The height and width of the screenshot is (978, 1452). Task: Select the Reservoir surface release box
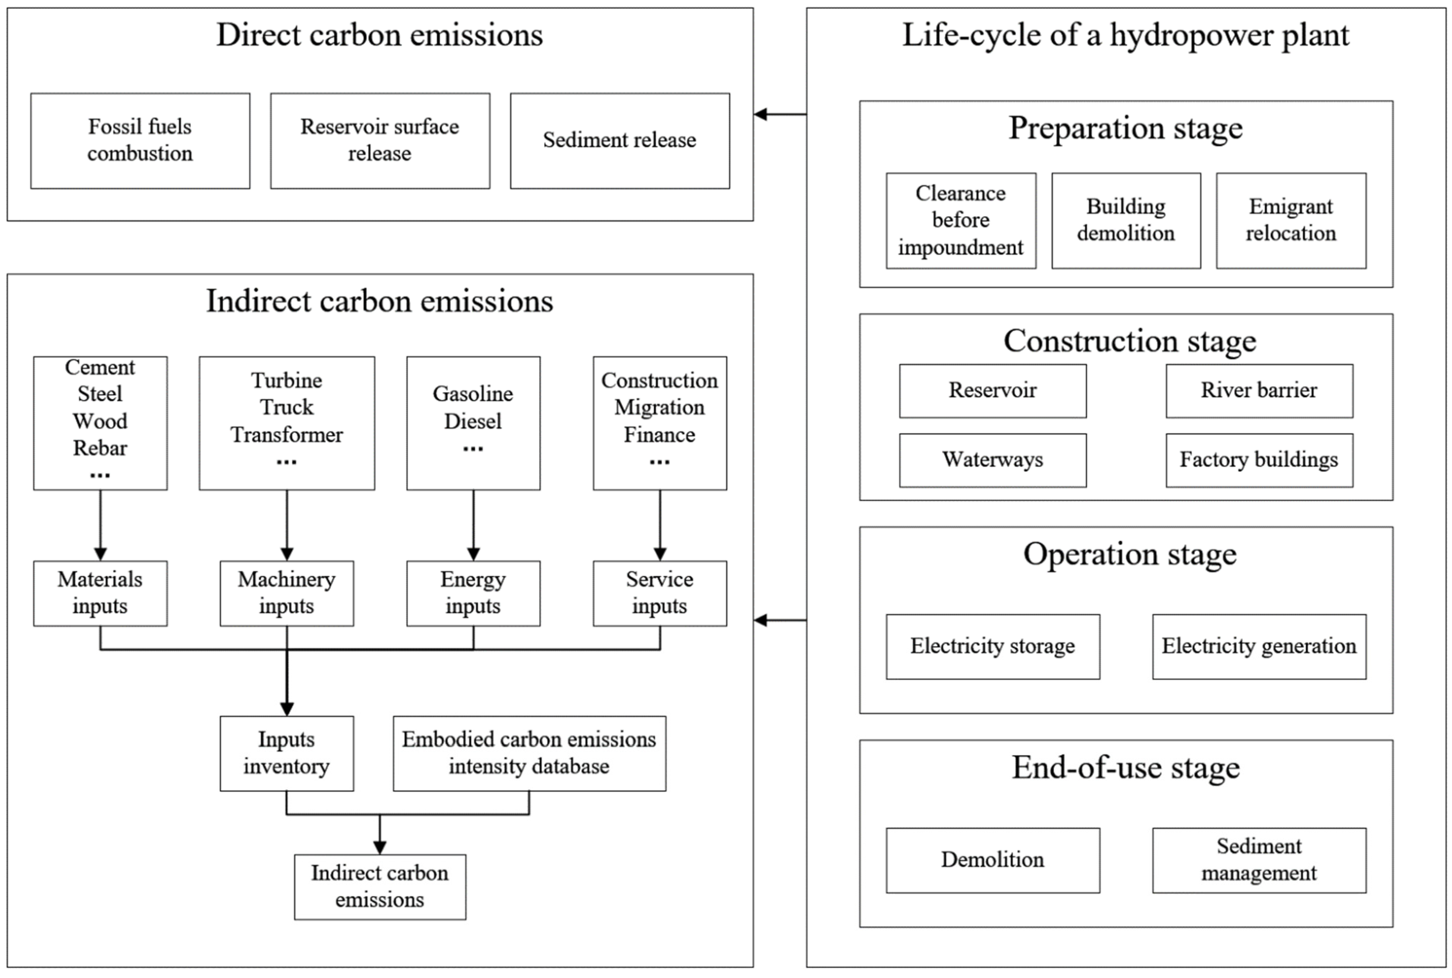click(380, 141)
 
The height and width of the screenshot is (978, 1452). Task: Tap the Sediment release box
click(619, 141)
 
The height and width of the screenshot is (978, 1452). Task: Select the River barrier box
click(1258, 391)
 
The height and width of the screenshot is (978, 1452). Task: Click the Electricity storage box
click(992, 646)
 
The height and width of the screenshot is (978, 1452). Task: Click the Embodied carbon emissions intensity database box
click(529, 753)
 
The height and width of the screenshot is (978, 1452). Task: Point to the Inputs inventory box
click(286, 753)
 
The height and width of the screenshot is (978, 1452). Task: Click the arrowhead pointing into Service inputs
click(660, 554)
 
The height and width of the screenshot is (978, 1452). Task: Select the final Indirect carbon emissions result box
click(380, 886)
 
